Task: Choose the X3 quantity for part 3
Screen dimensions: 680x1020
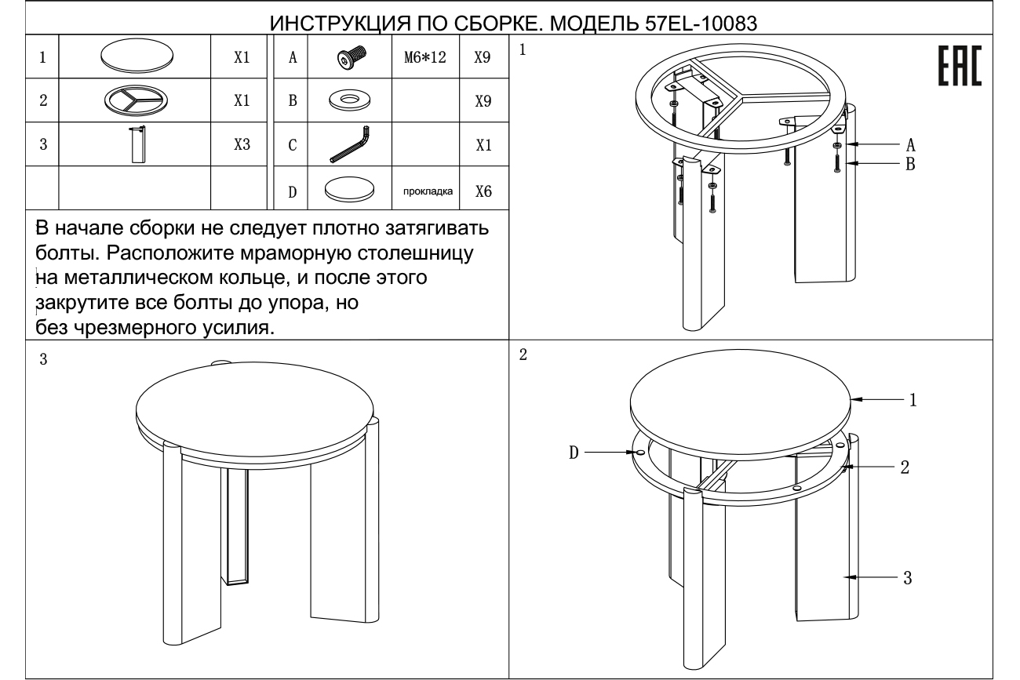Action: tap(242, 145)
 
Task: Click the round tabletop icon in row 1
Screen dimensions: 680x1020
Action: tap(138, 57)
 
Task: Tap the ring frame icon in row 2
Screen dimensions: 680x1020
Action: tap(138, 101)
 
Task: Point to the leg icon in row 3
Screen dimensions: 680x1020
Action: tap(138, 144)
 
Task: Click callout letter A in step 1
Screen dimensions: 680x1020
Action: tap(910, 145)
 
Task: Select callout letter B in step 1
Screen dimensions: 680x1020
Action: tap(910, 164)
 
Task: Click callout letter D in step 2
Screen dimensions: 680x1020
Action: tap(573, 453)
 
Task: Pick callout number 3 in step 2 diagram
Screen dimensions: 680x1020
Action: tap(908, 577)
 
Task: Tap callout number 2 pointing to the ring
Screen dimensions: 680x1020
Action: tap(905, 467)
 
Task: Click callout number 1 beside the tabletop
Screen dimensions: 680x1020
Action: tap(913, 400)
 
